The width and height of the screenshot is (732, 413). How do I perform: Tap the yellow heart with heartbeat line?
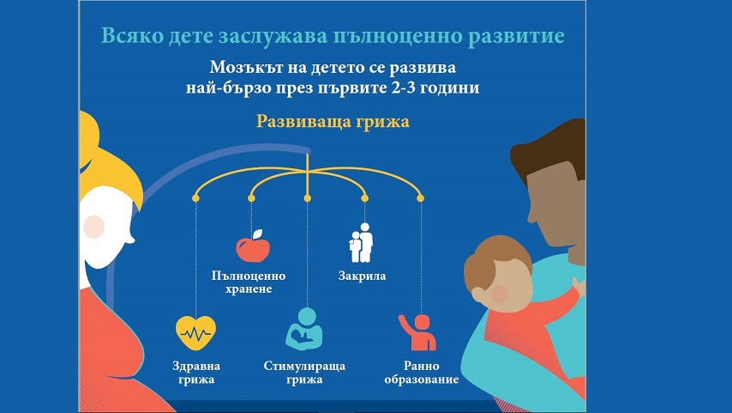[x=195, y=332]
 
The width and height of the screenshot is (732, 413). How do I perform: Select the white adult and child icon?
[x=361, y=242]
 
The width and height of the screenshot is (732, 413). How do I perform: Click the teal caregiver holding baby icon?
[x=304, y=329]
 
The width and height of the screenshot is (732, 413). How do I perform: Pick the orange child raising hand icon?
[x=417, y=332]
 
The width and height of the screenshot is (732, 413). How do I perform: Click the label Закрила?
[x=362, y=276]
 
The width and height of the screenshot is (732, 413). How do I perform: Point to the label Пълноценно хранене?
[x=249, y=282]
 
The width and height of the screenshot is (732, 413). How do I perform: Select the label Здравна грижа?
[x=196, y=373]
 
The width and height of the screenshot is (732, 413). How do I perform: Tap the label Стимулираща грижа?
[x=304, y=373]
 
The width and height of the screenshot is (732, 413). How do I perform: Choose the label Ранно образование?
[x=422, y=373]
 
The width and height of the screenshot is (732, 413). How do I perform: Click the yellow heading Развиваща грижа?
[x=333, y=122]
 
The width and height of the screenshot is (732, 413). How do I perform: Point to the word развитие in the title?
[x=516, y=36]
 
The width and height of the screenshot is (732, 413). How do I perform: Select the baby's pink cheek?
[x=499, y=294]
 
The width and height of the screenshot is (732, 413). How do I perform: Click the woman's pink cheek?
[x=94, y=227]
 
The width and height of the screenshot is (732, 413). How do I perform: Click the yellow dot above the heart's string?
[x=195, y=198]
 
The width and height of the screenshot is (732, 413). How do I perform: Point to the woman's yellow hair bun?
[x=88, y=138]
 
